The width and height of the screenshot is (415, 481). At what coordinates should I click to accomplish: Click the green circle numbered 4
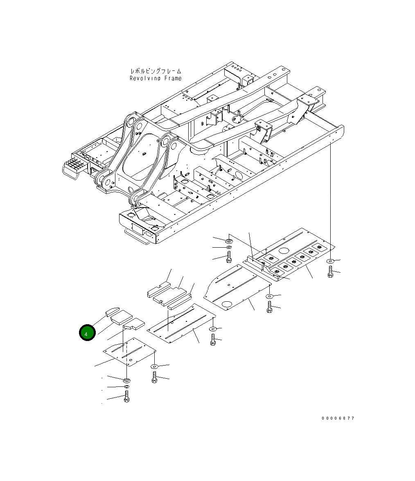pyautogui.click(x=87, y=333)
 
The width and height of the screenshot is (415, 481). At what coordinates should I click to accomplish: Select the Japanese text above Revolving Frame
pyautogui.click(x=155, y=71)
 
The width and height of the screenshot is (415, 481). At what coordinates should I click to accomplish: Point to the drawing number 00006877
pyautogui.click(x=338, y=418)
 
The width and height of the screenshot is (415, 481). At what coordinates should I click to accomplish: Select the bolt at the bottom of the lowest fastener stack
pyautogui.click(x=126, y=396)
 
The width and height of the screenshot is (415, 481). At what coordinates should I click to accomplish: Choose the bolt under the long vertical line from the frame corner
pyautogui.click(x=330, y=271)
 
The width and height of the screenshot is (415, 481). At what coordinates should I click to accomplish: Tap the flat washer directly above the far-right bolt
pyautogui.click(x=330, y=261)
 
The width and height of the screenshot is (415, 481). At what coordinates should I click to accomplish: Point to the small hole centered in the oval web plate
pyautogui.click(x=144, y=154)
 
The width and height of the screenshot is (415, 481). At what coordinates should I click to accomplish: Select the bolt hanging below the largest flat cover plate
pyautogui.click(x=269, y=307)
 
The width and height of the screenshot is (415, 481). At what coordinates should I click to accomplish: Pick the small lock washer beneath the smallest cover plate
pyautogui.click(x=126, y=386)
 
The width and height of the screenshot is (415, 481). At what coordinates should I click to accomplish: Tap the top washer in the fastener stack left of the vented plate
pyautogui.click(x=228, y=240)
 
